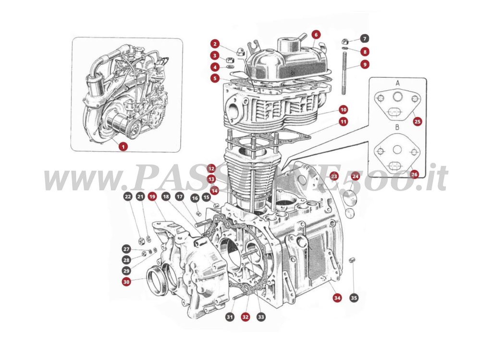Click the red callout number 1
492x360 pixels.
coord(123,146)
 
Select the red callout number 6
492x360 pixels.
coord(315,35)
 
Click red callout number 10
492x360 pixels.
coord(343,109)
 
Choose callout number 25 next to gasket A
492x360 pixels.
coord(417,122)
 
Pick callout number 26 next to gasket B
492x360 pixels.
coord(415,174)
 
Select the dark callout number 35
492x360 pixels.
coord(354,298)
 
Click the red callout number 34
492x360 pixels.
coord(337,298)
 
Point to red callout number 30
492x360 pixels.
coord(126,282)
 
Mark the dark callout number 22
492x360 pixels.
coord(127,196)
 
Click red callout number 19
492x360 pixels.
coord(152,196)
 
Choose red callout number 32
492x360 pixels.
coord(246,317)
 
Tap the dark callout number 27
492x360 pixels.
coord(126,249)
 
